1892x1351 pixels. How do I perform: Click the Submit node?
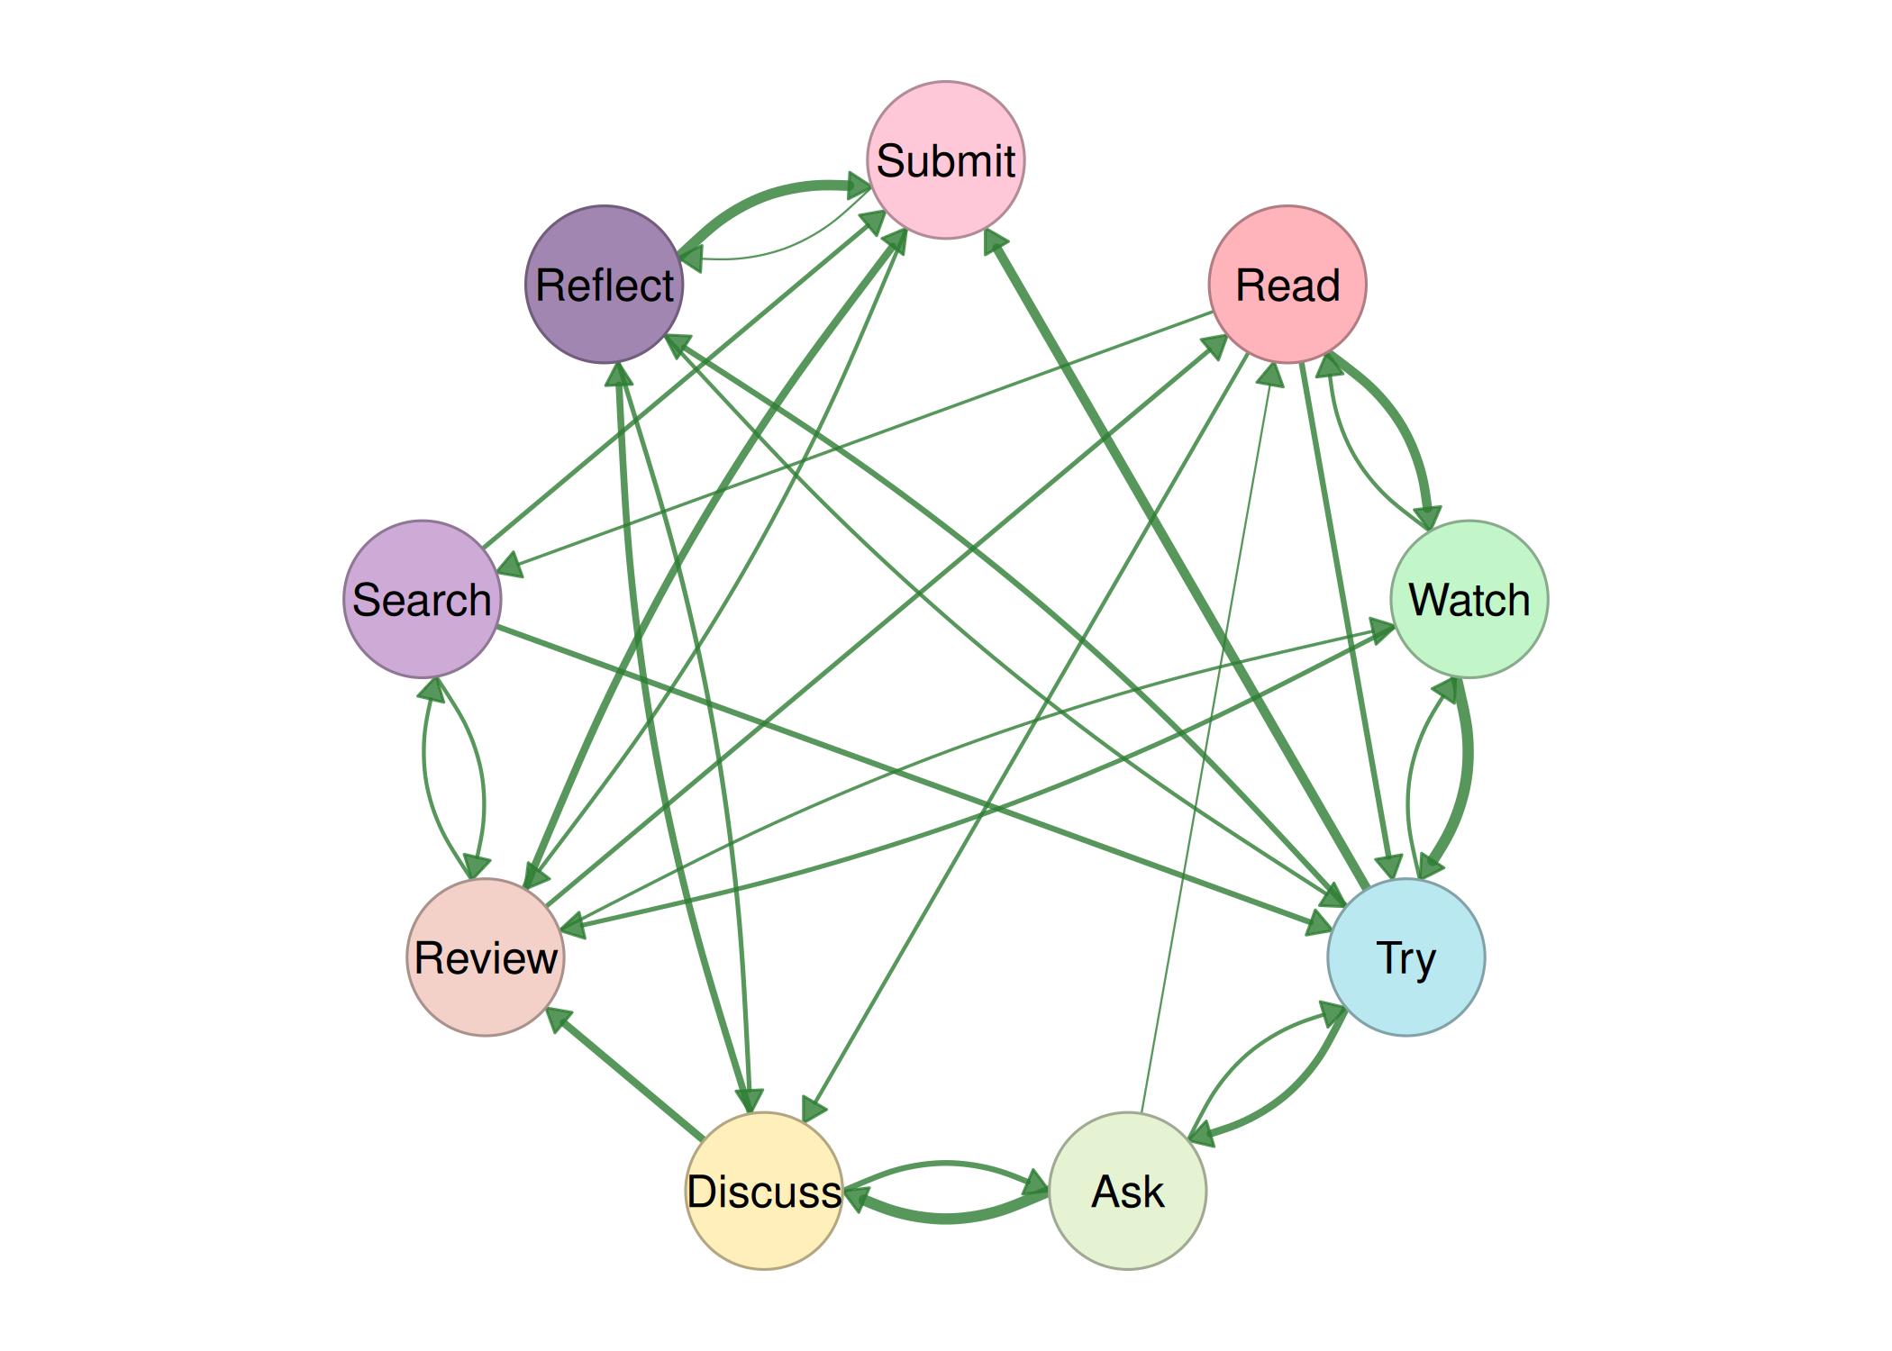pos(945,160)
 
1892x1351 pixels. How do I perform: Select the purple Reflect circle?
pos(605,285)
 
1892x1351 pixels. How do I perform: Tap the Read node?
pos(1287,285)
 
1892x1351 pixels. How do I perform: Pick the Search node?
pos(422,599)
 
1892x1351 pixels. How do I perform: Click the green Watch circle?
pos(1469,599)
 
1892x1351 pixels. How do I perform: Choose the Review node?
pos(486,957)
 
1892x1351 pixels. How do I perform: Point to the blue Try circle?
pos(1405,957)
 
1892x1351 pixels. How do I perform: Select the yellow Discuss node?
pos(764,1191)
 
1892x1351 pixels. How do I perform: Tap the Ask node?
pos(1127,1191)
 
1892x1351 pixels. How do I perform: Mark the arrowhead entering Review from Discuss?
pos(559,1020)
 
